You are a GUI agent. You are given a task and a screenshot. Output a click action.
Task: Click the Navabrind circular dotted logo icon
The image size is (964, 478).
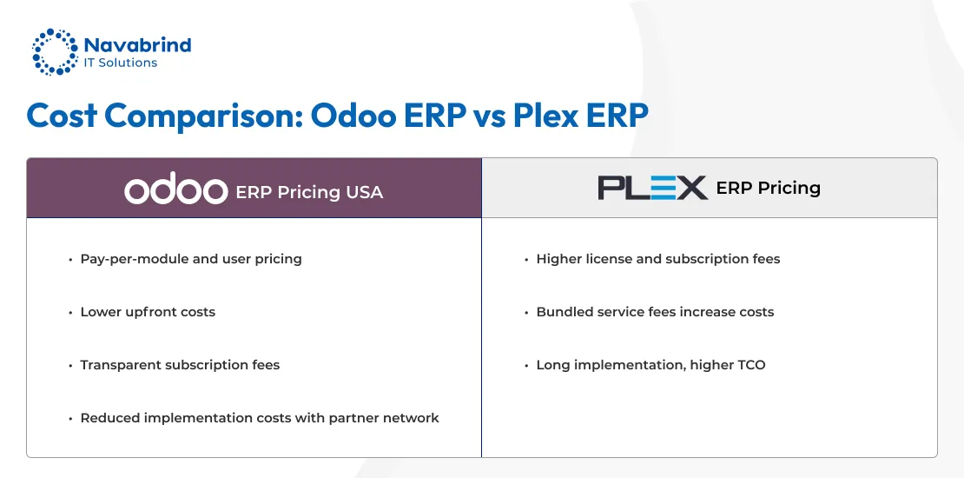(x=54, y=52)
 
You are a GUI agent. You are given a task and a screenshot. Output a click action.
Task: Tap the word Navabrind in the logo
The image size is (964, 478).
(x=137, y=45)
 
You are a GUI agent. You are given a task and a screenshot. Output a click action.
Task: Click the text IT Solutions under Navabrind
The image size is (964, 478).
(x=121, y=63)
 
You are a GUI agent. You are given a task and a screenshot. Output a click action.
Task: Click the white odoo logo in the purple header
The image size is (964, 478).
(x=175, y=191)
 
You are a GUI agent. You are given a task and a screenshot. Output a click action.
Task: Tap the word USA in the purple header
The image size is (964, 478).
(x=364, y=192)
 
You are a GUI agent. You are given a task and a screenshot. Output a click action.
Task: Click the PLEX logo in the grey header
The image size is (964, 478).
(x=652, y=188)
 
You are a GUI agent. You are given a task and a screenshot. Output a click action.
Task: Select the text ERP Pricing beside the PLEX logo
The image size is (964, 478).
(x=768, y=188)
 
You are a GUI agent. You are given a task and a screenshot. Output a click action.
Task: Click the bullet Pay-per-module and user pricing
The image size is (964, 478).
(x=191, y=259)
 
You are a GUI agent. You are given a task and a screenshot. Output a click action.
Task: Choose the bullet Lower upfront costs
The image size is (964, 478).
(x=148, y=312)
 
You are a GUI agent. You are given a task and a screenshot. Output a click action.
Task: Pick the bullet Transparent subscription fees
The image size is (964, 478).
(x=180, y=365)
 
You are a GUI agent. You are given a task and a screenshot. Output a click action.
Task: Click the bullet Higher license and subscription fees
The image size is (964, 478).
(x=657, y=259)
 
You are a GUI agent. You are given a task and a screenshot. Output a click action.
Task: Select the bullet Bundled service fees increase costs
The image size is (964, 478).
(x=655, y=312)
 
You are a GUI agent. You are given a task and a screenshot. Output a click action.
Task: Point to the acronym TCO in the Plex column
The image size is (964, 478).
(x=749, y=365)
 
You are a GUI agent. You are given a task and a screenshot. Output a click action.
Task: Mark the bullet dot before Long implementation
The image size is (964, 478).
(x=526, y=366)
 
